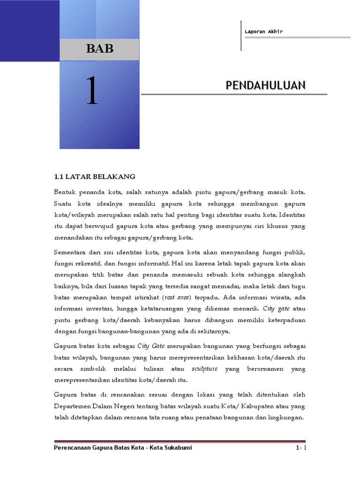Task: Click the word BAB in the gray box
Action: pos(99,49)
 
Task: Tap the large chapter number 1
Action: pos(91,92)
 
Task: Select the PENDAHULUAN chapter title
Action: pos(265,85)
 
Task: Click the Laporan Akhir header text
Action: pos(263,32)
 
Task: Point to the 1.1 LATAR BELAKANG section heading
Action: pos(95,177)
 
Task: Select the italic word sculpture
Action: pos(205,369)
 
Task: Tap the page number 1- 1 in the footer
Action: pos(301,448)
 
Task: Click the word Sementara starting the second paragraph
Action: pos(70,252)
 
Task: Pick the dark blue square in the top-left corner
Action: pos(29,30)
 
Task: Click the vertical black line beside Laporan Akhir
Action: pos(241,36)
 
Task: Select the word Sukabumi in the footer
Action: pos(178,448)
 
